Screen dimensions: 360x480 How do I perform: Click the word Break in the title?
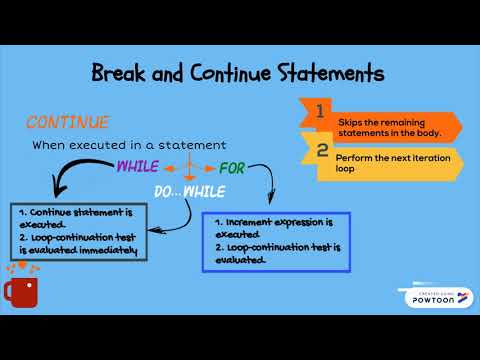tap(122, 74)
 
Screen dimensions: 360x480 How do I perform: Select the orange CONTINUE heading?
tap(67, 122)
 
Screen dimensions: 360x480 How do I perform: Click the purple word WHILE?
tap(137, 165)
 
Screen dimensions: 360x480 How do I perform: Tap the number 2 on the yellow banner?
tap(322, 151)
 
